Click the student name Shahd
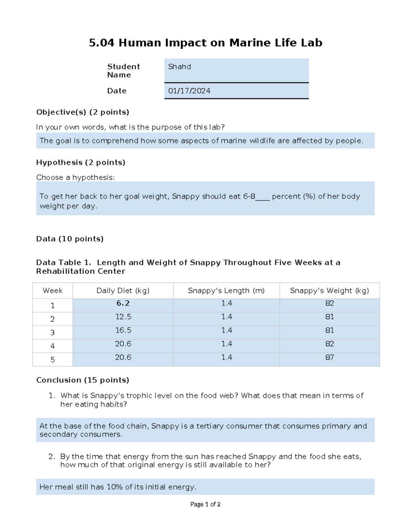(x=179, y=67)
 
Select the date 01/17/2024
(x=189, y=91)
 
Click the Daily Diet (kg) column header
(x=123, y=291)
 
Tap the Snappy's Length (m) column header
(x=226, y=291)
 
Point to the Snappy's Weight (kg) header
(x=329, y=291)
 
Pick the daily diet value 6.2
(x=123, y=304)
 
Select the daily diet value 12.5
(x=123, y=317)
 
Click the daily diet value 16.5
(x=123, y=330)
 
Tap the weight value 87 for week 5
(x=329, y=357)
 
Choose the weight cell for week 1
(x=329, y=304)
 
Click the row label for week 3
(x=52, y=333)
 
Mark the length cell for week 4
(x=226, y=344)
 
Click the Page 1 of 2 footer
(x=205, y=504)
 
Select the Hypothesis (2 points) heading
(x=80, y=162)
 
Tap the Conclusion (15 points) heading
(x=83, y=380)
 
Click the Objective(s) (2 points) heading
(x=83, y=112)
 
